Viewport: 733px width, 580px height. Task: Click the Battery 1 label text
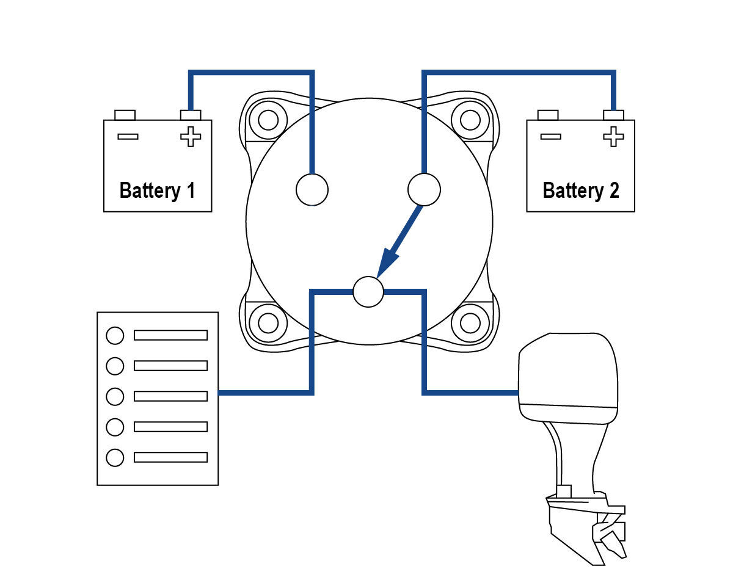[158, 190]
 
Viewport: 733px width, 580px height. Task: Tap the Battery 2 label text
[580, 190]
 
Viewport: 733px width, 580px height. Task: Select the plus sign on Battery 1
[191, 136]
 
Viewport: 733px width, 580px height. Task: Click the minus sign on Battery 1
[128, 136]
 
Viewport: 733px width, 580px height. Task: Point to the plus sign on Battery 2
[613, 136]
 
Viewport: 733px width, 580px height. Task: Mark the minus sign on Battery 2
[550, 136]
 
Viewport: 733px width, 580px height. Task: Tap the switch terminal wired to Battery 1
[312, 189]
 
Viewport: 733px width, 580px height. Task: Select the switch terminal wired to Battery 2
[424, 189]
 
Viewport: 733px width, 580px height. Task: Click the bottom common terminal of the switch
[368, 292]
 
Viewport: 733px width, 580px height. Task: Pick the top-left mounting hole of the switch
[268, 120]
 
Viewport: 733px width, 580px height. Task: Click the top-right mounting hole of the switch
[469, 120]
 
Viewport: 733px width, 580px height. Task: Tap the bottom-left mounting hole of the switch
[268, 322]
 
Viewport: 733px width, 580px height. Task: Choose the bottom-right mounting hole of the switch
[469, 322]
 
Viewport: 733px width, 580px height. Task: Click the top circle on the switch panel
[115, 335]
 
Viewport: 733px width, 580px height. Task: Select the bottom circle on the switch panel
[115, 457]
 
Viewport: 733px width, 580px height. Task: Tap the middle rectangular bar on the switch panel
[170, 396]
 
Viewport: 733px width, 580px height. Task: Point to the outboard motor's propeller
[611, 537]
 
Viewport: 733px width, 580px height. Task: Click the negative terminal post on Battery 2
[548, 115]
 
